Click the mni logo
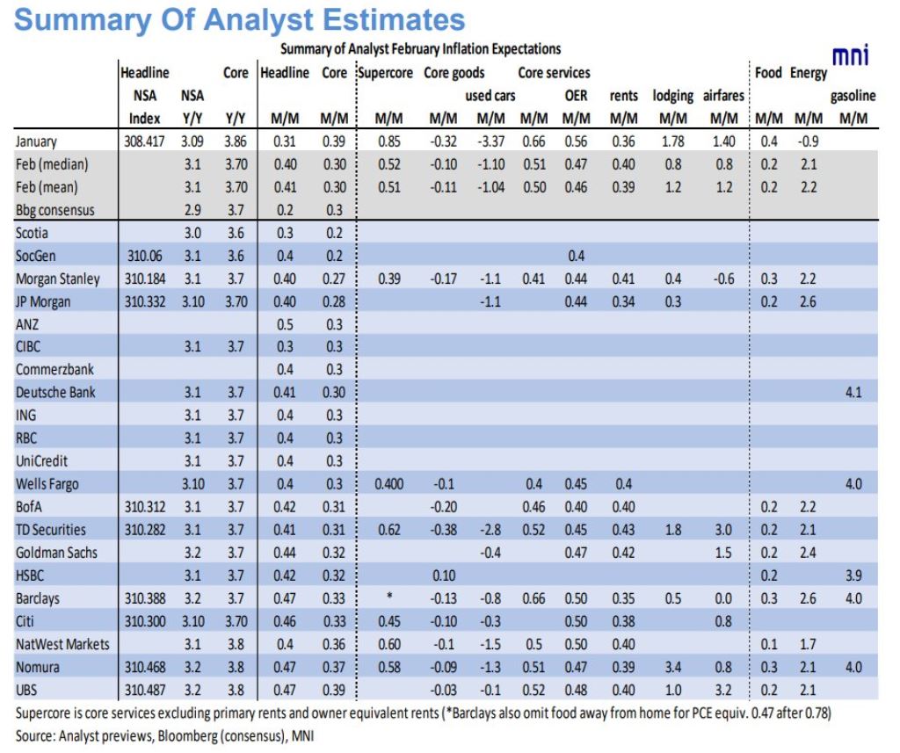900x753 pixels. (x=851, y=55)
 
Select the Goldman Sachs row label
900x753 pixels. (x=56, y=553)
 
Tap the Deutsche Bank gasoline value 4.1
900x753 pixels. (x=853, y=393)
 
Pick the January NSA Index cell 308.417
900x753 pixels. (x=144, y=141)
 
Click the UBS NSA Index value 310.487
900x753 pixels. (x=145, y=690)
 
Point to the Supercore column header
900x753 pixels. (x=385, y=74)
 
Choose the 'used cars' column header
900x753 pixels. (x=490, y=96)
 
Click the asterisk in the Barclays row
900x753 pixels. (x=389, y=596)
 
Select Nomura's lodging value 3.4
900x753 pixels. (x=672, y=667)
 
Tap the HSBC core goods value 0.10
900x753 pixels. (x=444, y=576)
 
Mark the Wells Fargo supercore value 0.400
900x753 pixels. (x=389, y=484)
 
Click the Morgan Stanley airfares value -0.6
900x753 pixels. (x=723, y=279)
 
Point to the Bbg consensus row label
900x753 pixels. (x=54, y=210)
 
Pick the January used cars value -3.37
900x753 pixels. (x=490, y=141)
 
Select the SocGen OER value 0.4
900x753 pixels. (x=576, y=256)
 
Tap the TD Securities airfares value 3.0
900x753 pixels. (x=723, y=530)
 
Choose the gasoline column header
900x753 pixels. (x=853, y=96)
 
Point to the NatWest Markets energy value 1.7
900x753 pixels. (x=808, y=645)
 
